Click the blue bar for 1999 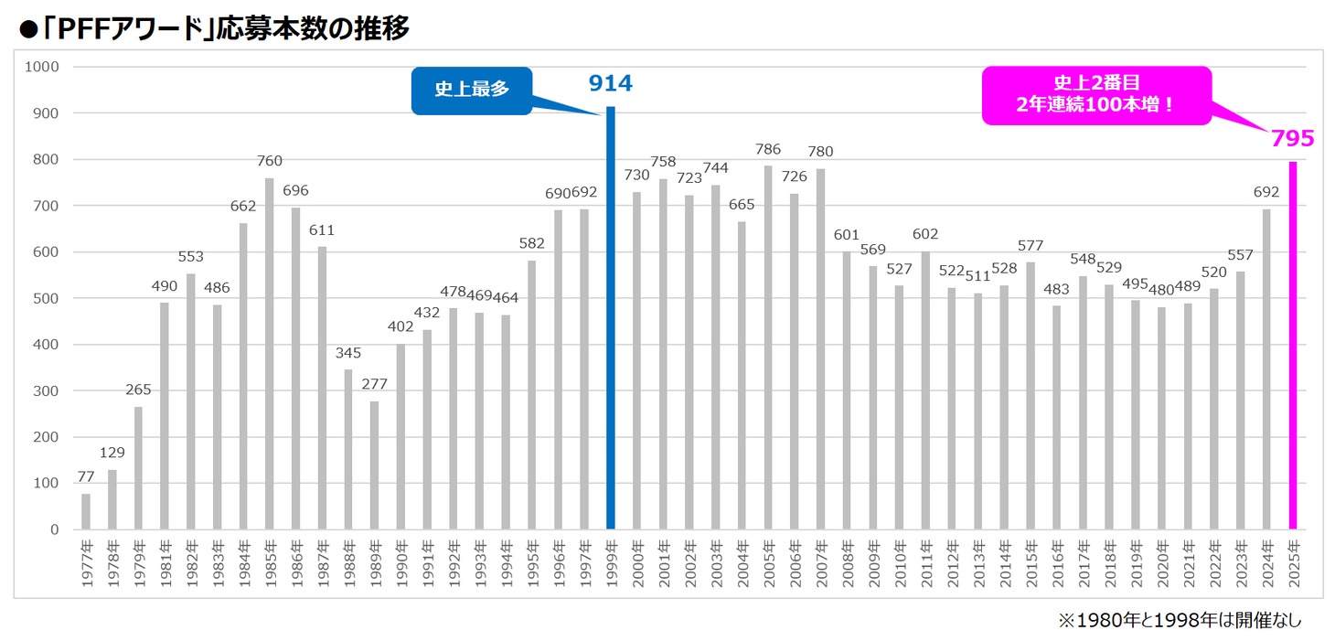point(611,318)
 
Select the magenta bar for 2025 point(1293,346)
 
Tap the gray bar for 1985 point(269,354)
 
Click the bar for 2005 point(767,347)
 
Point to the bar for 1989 point(374,465)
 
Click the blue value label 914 point(610,84)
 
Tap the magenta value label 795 point(1292,139)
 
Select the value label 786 point(767,150)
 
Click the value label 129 point(112,453)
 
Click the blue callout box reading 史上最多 point(471,90)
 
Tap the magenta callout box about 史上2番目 point(1096,94)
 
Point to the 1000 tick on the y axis point(42,67)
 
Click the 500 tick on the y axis point(45,298)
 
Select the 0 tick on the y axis point(55,529)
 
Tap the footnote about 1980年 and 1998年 point(1180,620)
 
